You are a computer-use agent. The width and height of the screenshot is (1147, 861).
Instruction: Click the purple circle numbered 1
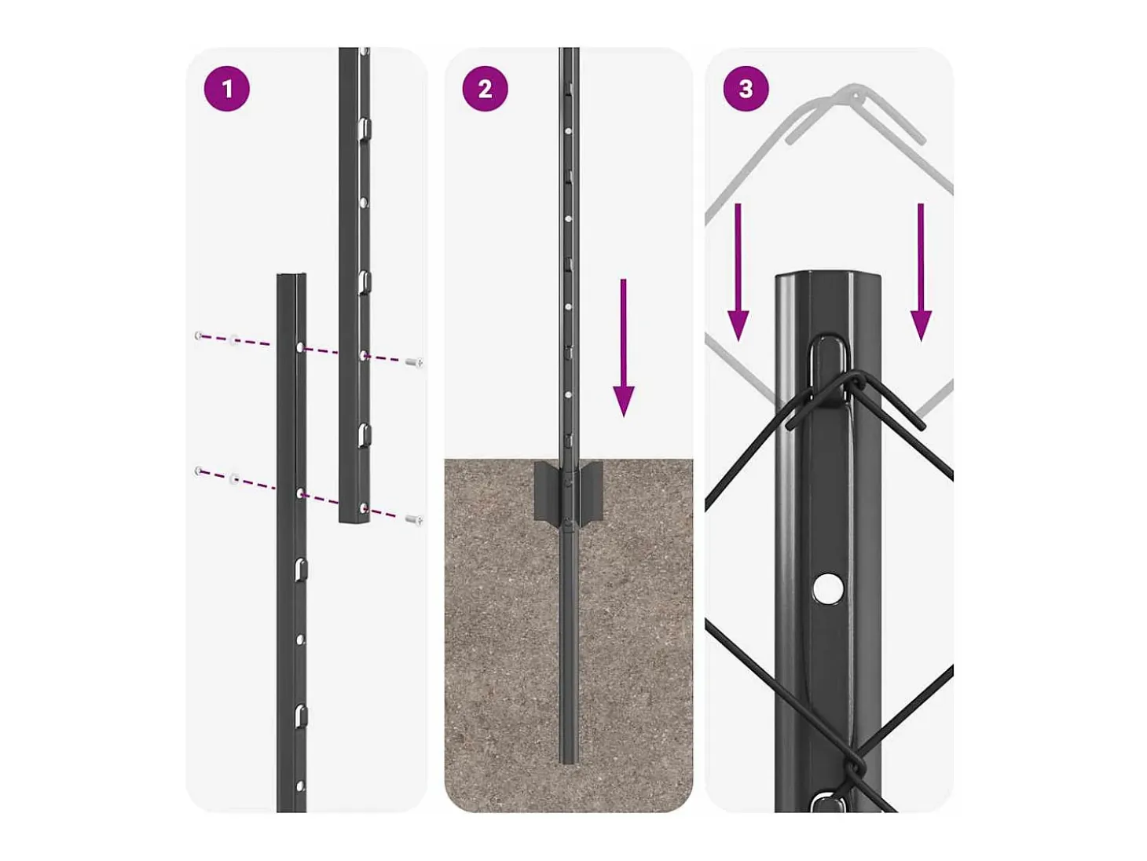point(226,89)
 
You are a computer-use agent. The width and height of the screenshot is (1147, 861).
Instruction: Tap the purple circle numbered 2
point(485,89)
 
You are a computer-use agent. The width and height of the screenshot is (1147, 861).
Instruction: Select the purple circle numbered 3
point(746,89)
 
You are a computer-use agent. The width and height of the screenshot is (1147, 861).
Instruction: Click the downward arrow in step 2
point(624,348)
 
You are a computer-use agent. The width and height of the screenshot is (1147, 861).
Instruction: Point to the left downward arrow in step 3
point(738,272)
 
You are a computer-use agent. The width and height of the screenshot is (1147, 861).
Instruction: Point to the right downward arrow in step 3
point(921,272)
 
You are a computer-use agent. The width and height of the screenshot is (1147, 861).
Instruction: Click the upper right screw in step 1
point(415,361)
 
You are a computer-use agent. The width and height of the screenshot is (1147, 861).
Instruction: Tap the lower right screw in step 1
point(414,519)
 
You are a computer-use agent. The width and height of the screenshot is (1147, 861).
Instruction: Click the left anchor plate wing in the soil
point(547,490)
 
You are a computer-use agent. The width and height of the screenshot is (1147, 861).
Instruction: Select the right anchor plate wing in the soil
point(591,490)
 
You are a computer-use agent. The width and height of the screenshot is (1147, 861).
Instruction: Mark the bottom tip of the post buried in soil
point(569,764)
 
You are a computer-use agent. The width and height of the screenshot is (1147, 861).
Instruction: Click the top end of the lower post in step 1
point(291,275)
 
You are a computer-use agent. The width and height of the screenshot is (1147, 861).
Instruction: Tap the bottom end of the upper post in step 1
point(354,521)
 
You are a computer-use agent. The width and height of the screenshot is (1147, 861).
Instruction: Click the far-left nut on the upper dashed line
point(199,336)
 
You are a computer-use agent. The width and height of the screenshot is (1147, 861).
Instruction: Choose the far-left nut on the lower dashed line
point(199,471)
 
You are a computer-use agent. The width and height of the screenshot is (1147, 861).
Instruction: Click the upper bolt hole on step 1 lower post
point(300,347)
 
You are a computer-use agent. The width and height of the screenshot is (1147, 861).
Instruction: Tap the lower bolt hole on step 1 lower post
point(300,493)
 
